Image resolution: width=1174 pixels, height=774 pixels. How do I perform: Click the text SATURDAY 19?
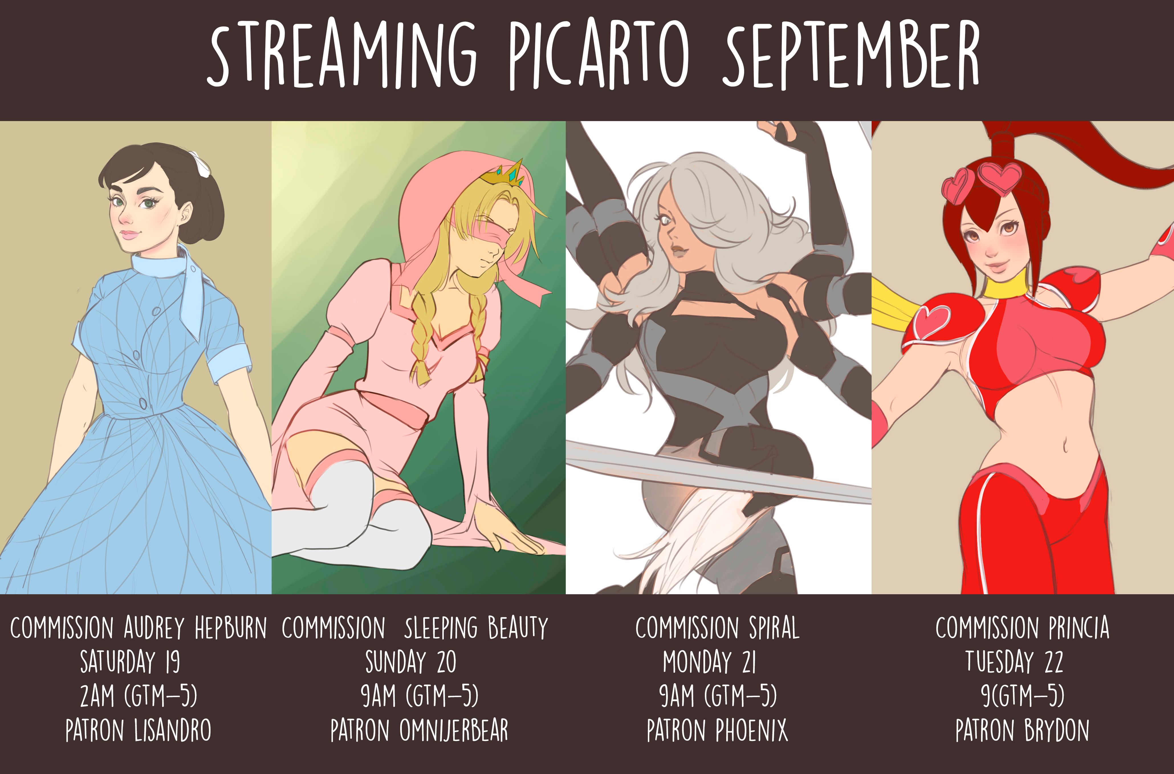coord(130,662)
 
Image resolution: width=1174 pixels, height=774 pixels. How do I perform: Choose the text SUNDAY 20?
coord(411,662)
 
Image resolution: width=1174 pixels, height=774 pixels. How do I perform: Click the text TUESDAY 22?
coord(1014,662)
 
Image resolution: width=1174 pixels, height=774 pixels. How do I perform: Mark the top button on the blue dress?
coord(156,311)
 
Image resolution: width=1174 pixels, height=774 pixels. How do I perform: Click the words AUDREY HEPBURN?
coord(195,628)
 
